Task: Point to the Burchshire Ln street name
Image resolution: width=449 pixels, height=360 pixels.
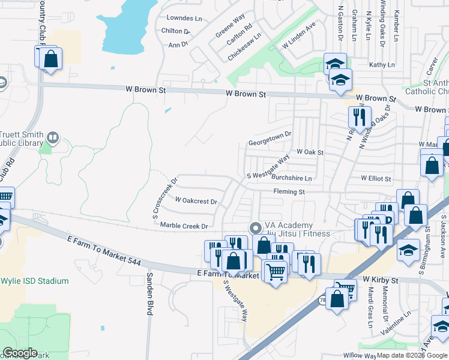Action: pos(292,178)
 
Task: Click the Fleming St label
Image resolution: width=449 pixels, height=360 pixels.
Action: pos(289,192)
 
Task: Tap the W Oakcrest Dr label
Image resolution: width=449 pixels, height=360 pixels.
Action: pos(196,200)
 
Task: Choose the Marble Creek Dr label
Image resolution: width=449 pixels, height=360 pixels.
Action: pos(184,226)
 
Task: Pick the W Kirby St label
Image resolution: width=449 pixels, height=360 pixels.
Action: pos(380,280)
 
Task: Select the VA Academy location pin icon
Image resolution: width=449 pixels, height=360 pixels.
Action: pos(255,228)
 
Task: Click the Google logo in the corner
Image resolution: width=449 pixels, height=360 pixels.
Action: pos(20,353)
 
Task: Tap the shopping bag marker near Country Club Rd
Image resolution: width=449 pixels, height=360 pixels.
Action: pos(50,59)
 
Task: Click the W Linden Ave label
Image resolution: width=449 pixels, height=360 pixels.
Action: pos(298,37)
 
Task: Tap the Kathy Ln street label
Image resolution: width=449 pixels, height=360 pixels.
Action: pos(382,64)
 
